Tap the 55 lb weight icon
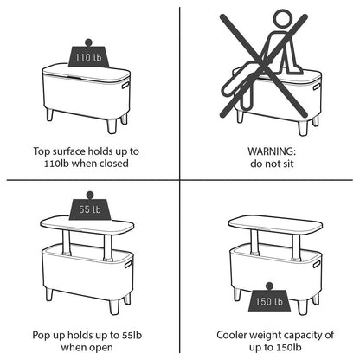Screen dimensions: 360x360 [90, 206]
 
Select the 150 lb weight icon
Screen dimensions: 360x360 [269, 298]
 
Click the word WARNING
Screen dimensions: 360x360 [272, 151]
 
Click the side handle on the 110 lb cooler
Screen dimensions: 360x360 [125, 86]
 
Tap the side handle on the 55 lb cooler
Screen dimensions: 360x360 [128, 264]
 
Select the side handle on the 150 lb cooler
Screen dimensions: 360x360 [317, 264]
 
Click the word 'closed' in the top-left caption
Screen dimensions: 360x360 [114, 164]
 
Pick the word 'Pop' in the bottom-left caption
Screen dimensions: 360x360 [41, 336]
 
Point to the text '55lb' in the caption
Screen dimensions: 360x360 [132, 335]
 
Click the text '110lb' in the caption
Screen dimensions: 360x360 [56, 164]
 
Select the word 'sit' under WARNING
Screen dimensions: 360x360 [287, 164]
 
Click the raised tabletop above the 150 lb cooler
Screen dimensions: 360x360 [275, 225]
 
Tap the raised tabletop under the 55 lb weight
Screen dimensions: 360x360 [87, 225]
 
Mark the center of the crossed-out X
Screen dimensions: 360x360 [263, 65]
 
